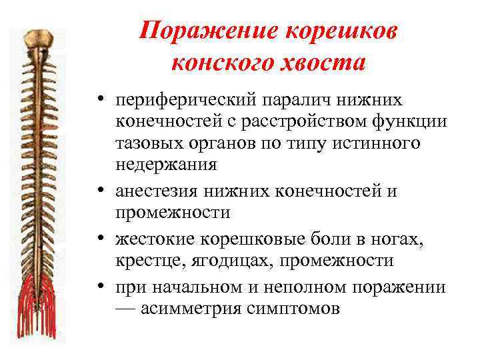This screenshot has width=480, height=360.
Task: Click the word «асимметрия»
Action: (x=193, y=308)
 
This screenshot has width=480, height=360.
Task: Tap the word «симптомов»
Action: (x=293, y=308)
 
